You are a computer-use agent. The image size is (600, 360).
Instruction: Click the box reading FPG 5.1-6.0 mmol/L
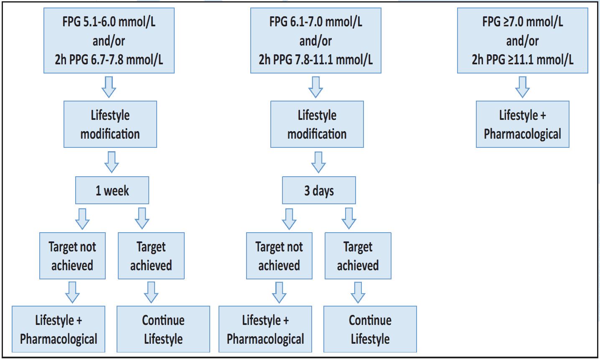[x=109, y=41]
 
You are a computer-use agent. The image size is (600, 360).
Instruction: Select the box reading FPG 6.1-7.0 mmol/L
[x=315, y=41]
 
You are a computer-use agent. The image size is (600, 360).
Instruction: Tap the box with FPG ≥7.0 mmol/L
[x=522, y=41]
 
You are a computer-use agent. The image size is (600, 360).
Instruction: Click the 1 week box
[x=112, y=190]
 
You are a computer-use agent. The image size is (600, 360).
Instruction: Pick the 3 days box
[x=319, y=190]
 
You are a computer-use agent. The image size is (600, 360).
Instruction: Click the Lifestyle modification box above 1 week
[x=110, y=124]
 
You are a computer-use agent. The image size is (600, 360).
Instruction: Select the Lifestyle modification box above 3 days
[x=317, y=124]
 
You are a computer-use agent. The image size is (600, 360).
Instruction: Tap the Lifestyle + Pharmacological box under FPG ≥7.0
[x=522, y=124]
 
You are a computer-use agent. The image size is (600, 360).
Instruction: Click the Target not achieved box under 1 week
[x=72, y=256]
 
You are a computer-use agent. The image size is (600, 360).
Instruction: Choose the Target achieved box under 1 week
[x=151, y=256]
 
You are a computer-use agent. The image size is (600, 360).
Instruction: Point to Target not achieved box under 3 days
[x=279, y=256]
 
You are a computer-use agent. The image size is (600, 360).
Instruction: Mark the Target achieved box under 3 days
[x=358, y=256]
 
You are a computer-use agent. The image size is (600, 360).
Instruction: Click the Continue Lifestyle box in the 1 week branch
[x=163, y=329]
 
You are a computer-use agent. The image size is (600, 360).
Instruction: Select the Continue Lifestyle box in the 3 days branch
[x=370, y=329]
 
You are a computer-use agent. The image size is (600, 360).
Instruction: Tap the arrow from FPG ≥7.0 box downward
[x=522, y=87]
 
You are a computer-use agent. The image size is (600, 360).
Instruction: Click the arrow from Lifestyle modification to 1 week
[x=112, y=162]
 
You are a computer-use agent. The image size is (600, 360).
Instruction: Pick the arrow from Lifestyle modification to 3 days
[x=318, y=162]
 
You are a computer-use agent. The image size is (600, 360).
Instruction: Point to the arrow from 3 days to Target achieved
[x=349, y=218]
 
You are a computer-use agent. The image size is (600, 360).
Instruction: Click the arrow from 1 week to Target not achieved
[x=82, y=218]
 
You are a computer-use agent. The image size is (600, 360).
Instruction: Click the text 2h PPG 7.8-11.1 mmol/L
[x=315, y=60]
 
